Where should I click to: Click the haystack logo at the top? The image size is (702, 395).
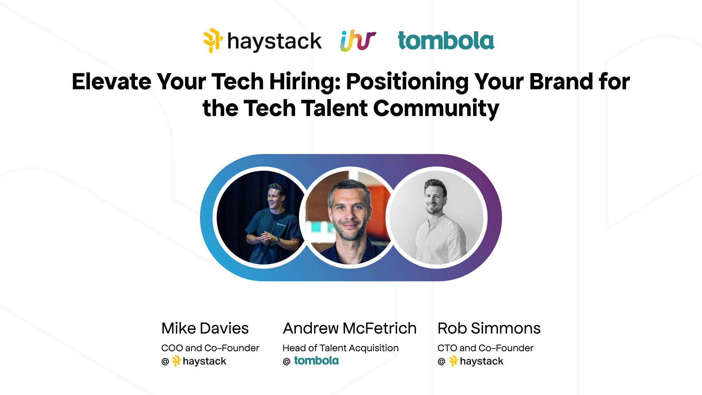[263, 41]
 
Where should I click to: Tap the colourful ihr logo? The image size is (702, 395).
[358, 41]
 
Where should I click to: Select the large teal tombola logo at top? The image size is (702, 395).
[446, 41]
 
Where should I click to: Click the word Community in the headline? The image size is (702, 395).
[436, 108]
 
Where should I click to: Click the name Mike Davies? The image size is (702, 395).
[205, 328]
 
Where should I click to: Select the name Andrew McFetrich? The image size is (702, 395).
[350, 328]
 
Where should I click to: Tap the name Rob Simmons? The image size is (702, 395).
[489, 328]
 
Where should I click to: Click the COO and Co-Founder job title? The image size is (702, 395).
[210, 348]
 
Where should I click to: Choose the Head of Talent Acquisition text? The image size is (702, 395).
[340, 348]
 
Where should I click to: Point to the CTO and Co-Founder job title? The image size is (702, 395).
[485, 348]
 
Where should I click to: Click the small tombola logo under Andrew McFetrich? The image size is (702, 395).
[316, 361]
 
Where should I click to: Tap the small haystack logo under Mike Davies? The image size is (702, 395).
[199, 361]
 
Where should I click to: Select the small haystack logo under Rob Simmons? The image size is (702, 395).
[476, 361]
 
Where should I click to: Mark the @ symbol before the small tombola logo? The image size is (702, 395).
[287, 361]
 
